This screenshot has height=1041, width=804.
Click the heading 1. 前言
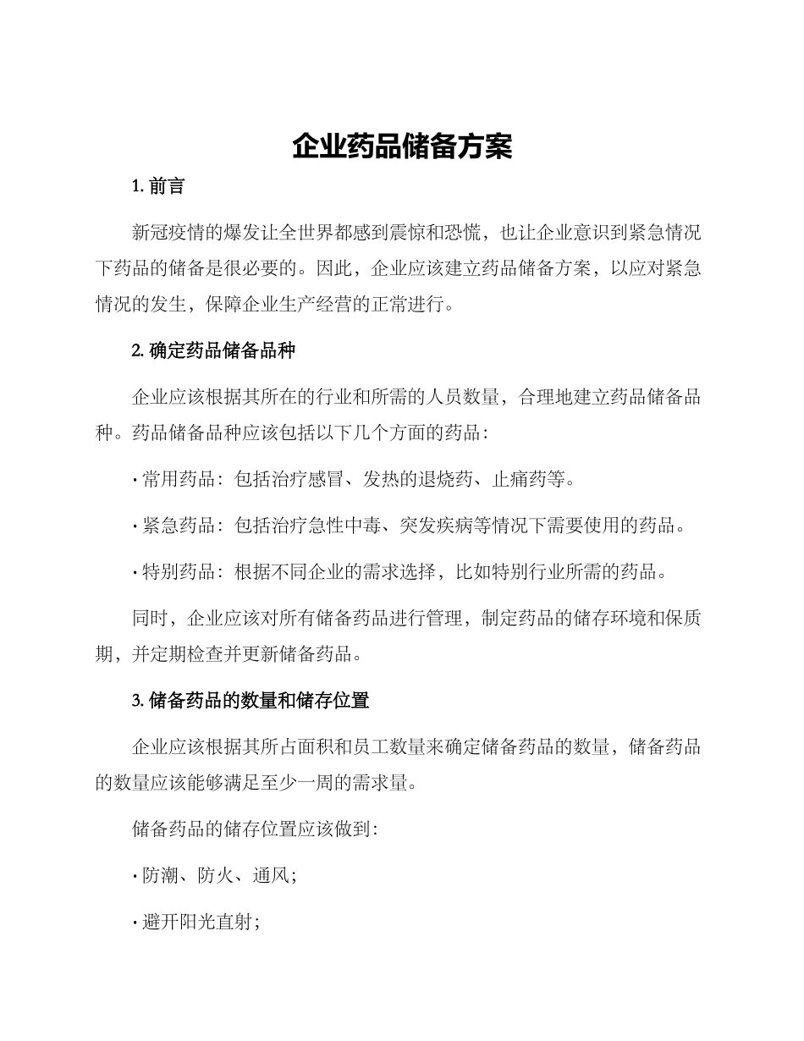(x=158, y=186)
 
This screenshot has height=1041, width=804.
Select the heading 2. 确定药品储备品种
(x=213, y=350)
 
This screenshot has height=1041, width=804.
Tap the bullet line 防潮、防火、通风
(x=215, y=876)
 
